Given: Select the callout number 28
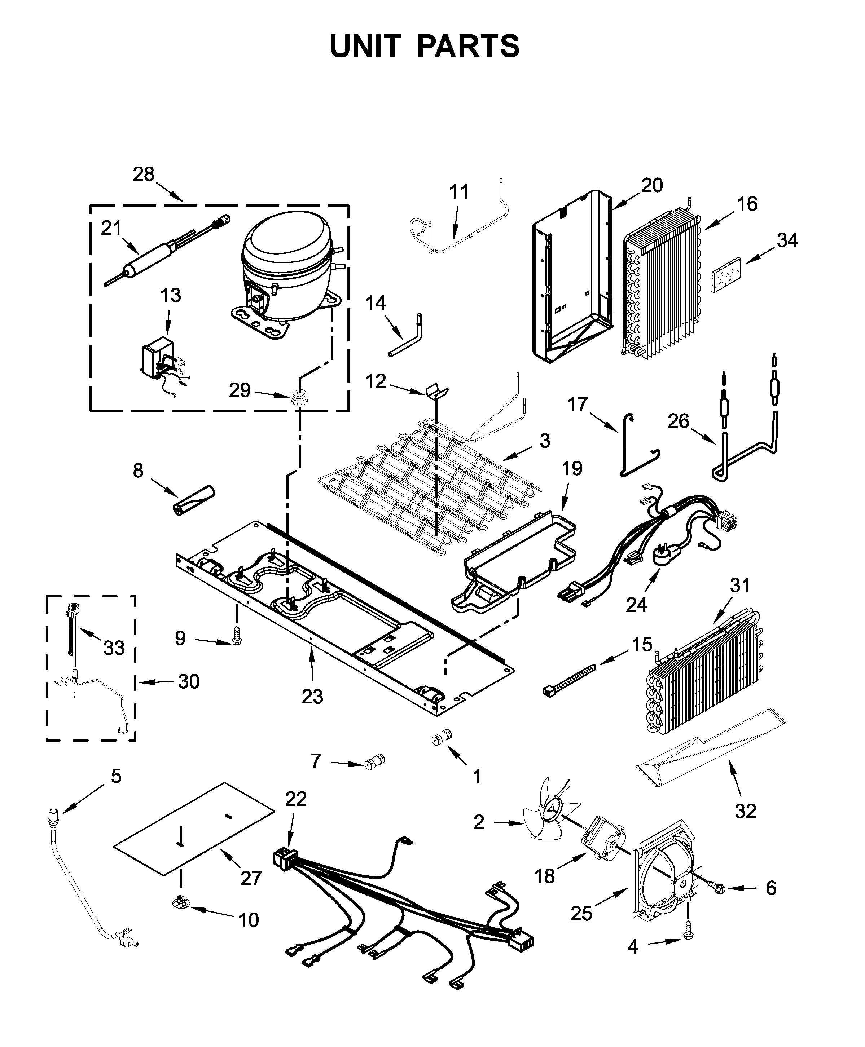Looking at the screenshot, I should pyautogui.click(x=144, y=175).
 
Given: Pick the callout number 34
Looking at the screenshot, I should pyautogui.click(x=787, y=240).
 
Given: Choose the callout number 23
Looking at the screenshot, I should pyautogui.click(x=312, y=696).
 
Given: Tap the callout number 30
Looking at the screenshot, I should pyautogui.click(x=189, y=681).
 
